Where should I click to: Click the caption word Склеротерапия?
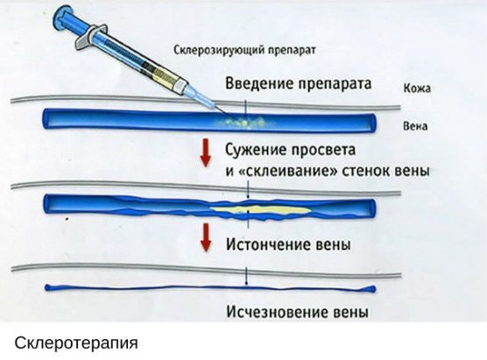[76, 343]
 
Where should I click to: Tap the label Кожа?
[417, 88]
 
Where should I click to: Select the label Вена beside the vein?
[415, 126]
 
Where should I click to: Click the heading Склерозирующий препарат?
[244, 50]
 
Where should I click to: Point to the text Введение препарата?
[298, 83]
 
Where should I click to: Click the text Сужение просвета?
[291, 150]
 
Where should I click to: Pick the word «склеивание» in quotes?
[288, 171]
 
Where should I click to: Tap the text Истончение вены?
[288, 244]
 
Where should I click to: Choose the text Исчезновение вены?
[298, 312]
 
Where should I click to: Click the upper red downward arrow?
[205, 152]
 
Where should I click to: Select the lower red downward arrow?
[205, 237]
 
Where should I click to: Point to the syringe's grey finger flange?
[89, 37]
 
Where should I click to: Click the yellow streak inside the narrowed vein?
[260, 210]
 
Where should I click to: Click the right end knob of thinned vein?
[371, 289]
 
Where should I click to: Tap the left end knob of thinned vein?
[48, 288]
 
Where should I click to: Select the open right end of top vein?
[372, 123]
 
